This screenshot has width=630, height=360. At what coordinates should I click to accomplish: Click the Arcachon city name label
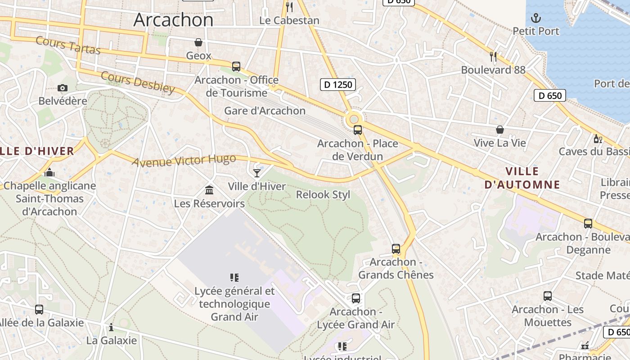pyautogui.click(x=173, y=20)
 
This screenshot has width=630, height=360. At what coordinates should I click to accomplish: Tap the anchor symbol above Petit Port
pyautogui.click(x=536, y=18)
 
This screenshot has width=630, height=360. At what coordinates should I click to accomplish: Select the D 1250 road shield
pyautogui.click(x=338, y=84)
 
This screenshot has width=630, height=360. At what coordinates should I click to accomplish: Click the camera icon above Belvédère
pyautogui.click(x=63, y=88)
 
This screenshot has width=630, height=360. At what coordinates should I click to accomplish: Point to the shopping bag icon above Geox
pyautogui.click(x=198, y=42)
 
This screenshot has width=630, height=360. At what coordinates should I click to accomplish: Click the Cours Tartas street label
pyautogui.click(x=67, y=45)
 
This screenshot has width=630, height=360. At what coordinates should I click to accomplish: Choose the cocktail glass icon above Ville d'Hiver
pyautogui.click(x=256, y=173)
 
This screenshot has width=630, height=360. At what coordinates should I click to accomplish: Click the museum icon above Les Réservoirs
pyautogui.click(x=209, y=190)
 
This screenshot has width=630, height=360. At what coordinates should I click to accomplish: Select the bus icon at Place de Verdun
pyautogui.click(x=358, y=130)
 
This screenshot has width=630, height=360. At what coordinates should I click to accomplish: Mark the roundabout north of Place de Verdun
pyautogui.click(x=354, y=119)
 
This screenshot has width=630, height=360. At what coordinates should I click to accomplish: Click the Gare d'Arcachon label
pyautogui.click(x=265, y=111)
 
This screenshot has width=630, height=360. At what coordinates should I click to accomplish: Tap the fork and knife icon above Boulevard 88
pyautogui.click(x=493, y=56)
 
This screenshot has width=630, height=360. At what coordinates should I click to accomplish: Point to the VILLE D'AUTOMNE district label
pyautogui.click(x=522, y=178)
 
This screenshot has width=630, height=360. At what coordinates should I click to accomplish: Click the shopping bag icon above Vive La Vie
pyautogui.click(x=499, y=130)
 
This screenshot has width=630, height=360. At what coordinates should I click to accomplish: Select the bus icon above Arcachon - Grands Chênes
pyautogui.click(x=396, y=249)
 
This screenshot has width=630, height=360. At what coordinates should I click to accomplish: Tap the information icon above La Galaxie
pyautogui.click(x=111, y=327)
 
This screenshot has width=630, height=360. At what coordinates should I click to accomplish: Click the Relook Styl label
pyautogui.click(x=323, y=195)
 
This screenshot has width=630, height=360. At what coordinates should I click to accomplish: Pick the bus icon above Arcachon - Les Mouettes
pyautogui.click(x=547, y=296)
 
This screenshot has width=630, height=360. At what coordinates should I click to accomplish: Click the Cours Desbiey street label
pyautogui.click(x=138, y=82)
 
